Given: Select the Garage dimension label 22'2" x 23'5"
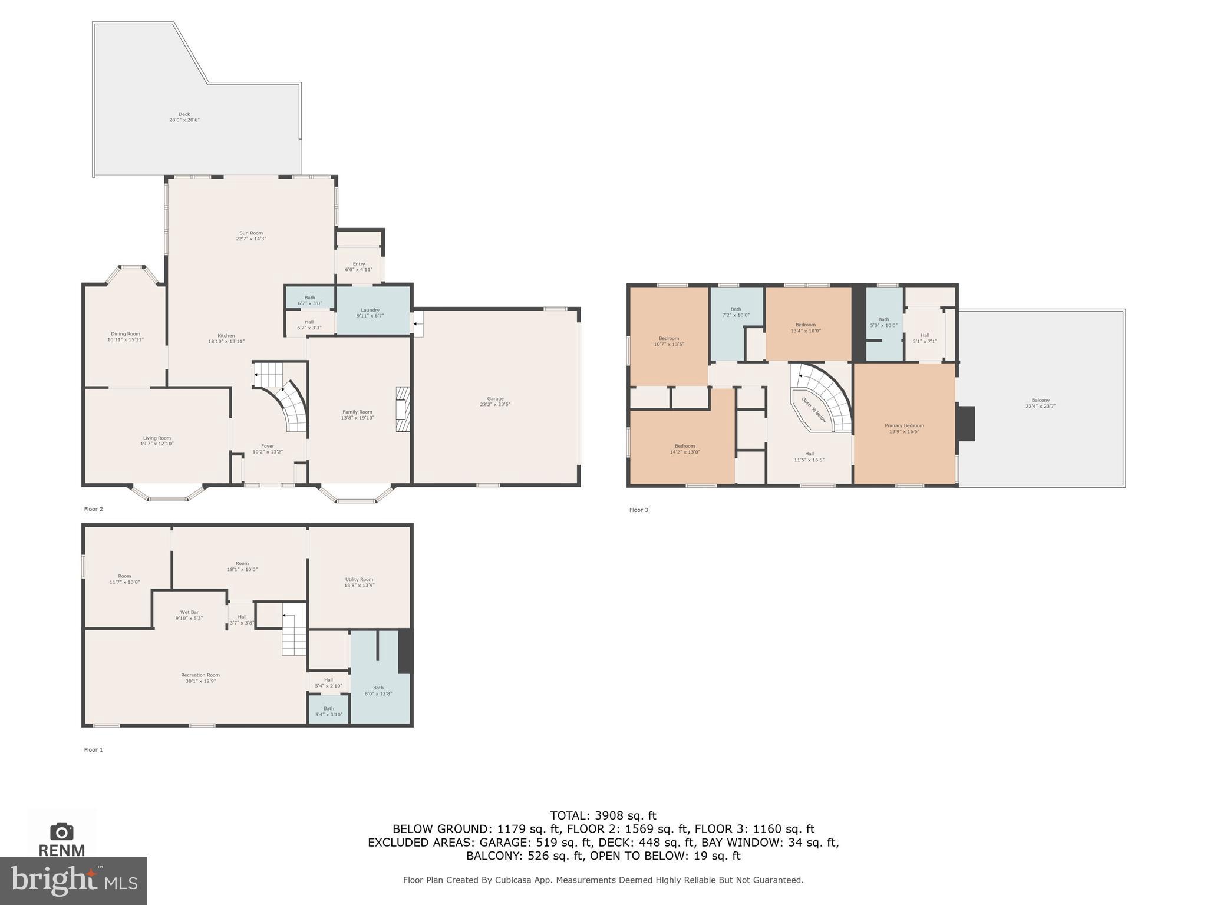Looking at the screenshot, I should pos(494,405).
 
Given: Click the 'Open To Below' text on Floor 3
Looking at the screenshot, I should pos(814,409).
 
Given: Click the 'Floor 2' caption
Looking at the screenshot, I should pos(94,509).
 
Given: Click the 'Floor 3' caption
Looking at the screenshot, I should pos(638,510).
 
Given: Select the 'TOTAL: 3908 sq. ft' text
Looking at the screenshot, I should pos(603,816).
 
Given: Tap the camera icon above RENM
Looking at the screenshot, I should pos(61,831).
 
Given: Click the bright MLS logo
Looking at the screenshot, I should pos(73,881).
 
